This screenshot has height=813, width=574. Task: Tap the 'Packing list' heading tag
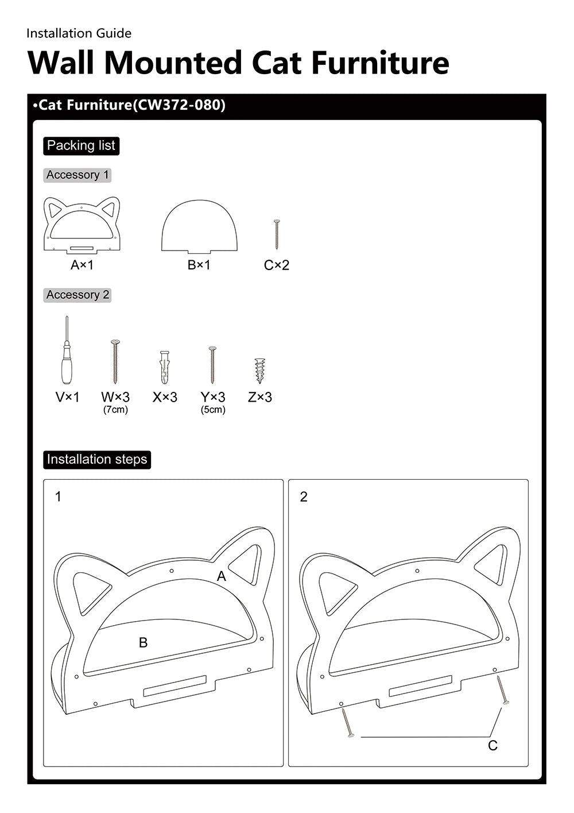click(x=81, y=146)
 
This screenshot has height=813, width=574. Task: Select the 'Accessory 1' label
click(x=77, y=175)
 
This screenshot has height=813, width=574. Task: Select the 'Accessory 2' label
click(x=77, y=295)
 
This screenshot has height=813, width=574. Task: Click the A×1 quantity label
click(x=82, y=265)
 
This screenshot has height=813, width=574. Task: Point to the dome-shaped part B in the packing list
click(x=199, y=226)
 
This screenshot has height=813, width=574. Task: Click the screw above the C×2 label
click(x=277, y=234)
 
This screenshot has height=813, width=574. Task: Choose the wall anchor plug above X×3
click(x=165, y=368)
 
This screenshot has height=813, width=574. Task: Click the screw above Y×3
click(x=212, y=364)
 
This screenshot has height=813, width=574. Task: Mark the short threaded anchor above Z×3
click(x=260, y=371)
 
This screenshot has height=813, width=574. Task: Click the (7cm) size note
click(x=115, y=410)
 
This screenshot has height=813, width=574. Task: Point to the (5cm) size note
click(x=213, y=410)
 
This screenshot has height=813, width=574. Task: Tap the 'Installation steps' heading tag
click(x=97, y=460)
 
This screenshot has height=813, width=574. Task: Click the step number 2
click(x=304, y=496)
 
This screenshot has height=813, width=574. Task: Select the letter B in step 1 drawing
click(x=143, y=642)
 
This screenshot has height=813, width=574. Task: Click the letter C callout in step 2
click(x=492, y=745)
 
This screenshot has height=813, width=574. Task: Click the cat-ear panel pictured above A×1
click(x=82, y=225)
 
